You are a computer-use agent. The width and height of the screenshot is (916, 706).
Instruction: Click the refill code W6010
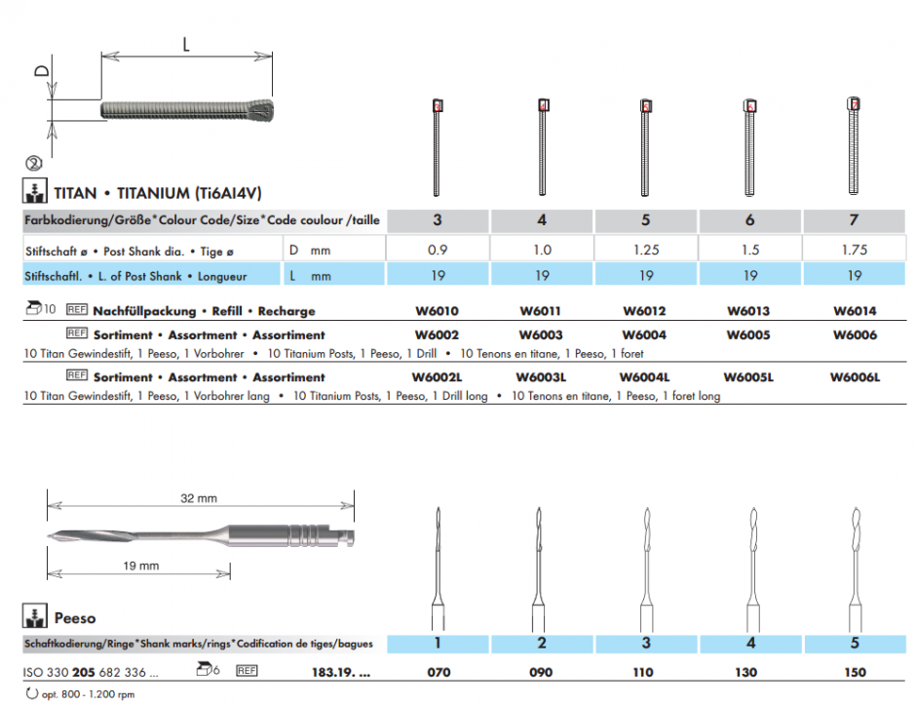tap(437, 312)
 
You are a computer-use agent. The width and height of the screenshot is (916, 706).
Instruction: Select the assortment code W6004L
tap(645, 377)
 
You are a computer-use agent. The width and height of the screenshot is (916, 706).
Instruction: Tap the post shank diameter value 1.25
tap(646, 251)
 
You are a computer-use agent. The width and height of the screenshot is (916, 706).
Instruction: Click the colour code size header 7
tap(854, 220)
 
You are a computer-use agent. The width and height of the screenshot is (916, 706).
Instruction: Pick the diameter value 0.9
tap(438, 251)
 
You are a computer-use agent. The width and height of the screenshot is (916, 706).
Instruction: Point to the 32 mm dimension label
tap(199, 499)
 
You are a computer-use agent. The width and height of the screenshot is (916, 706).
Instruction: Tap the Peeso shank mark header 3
tap(646, 644)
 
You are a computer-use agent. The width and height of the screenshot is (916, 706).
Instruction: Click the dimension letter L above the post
tap(185, 43)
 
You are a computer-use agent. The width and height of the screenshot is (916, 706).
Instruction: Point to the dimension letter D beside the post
tap(41, 72)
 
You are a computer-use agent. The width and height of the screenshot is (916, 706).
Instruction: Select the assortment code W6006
tap(855, 335)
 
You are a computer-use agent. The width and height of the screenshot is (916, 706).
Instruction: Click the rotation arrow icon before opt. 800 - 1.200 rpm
tap(31, 693)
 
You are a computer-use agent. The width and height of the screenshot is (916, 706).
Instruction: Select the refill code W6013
tap(749, 312)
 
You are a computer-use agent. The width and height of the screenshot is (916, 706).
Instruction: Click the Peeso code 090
tap(541, 673)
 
